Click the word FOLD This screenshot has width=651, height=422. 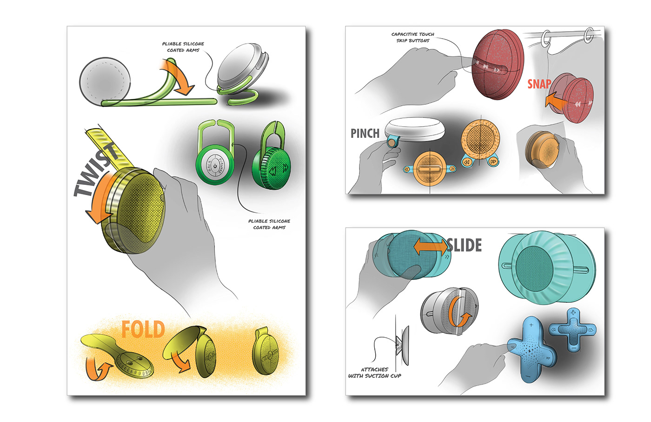pyautogui.click(x=143, y=329)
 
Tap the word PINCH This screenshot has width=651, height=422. pyautogui.click(x=365, y=134)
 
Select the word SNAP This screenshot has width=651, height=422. pyautogui.click(x=538, y=84)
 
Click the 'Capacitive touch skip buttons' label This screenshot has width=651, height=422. pyautogui.click(x=412, y=37)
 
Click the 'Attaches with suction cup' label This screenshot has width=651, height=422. pyautogui.click(x=375, y=372)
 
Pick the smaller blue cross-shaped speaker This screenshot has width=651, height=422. pyautogui.click(x=573, y=329)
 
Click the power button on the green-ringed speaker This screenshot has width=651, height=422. pyautogui.click(x=215, y=165)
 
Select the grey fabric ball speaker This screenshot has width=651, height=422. pyautogui.click(x=103, y=82)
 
